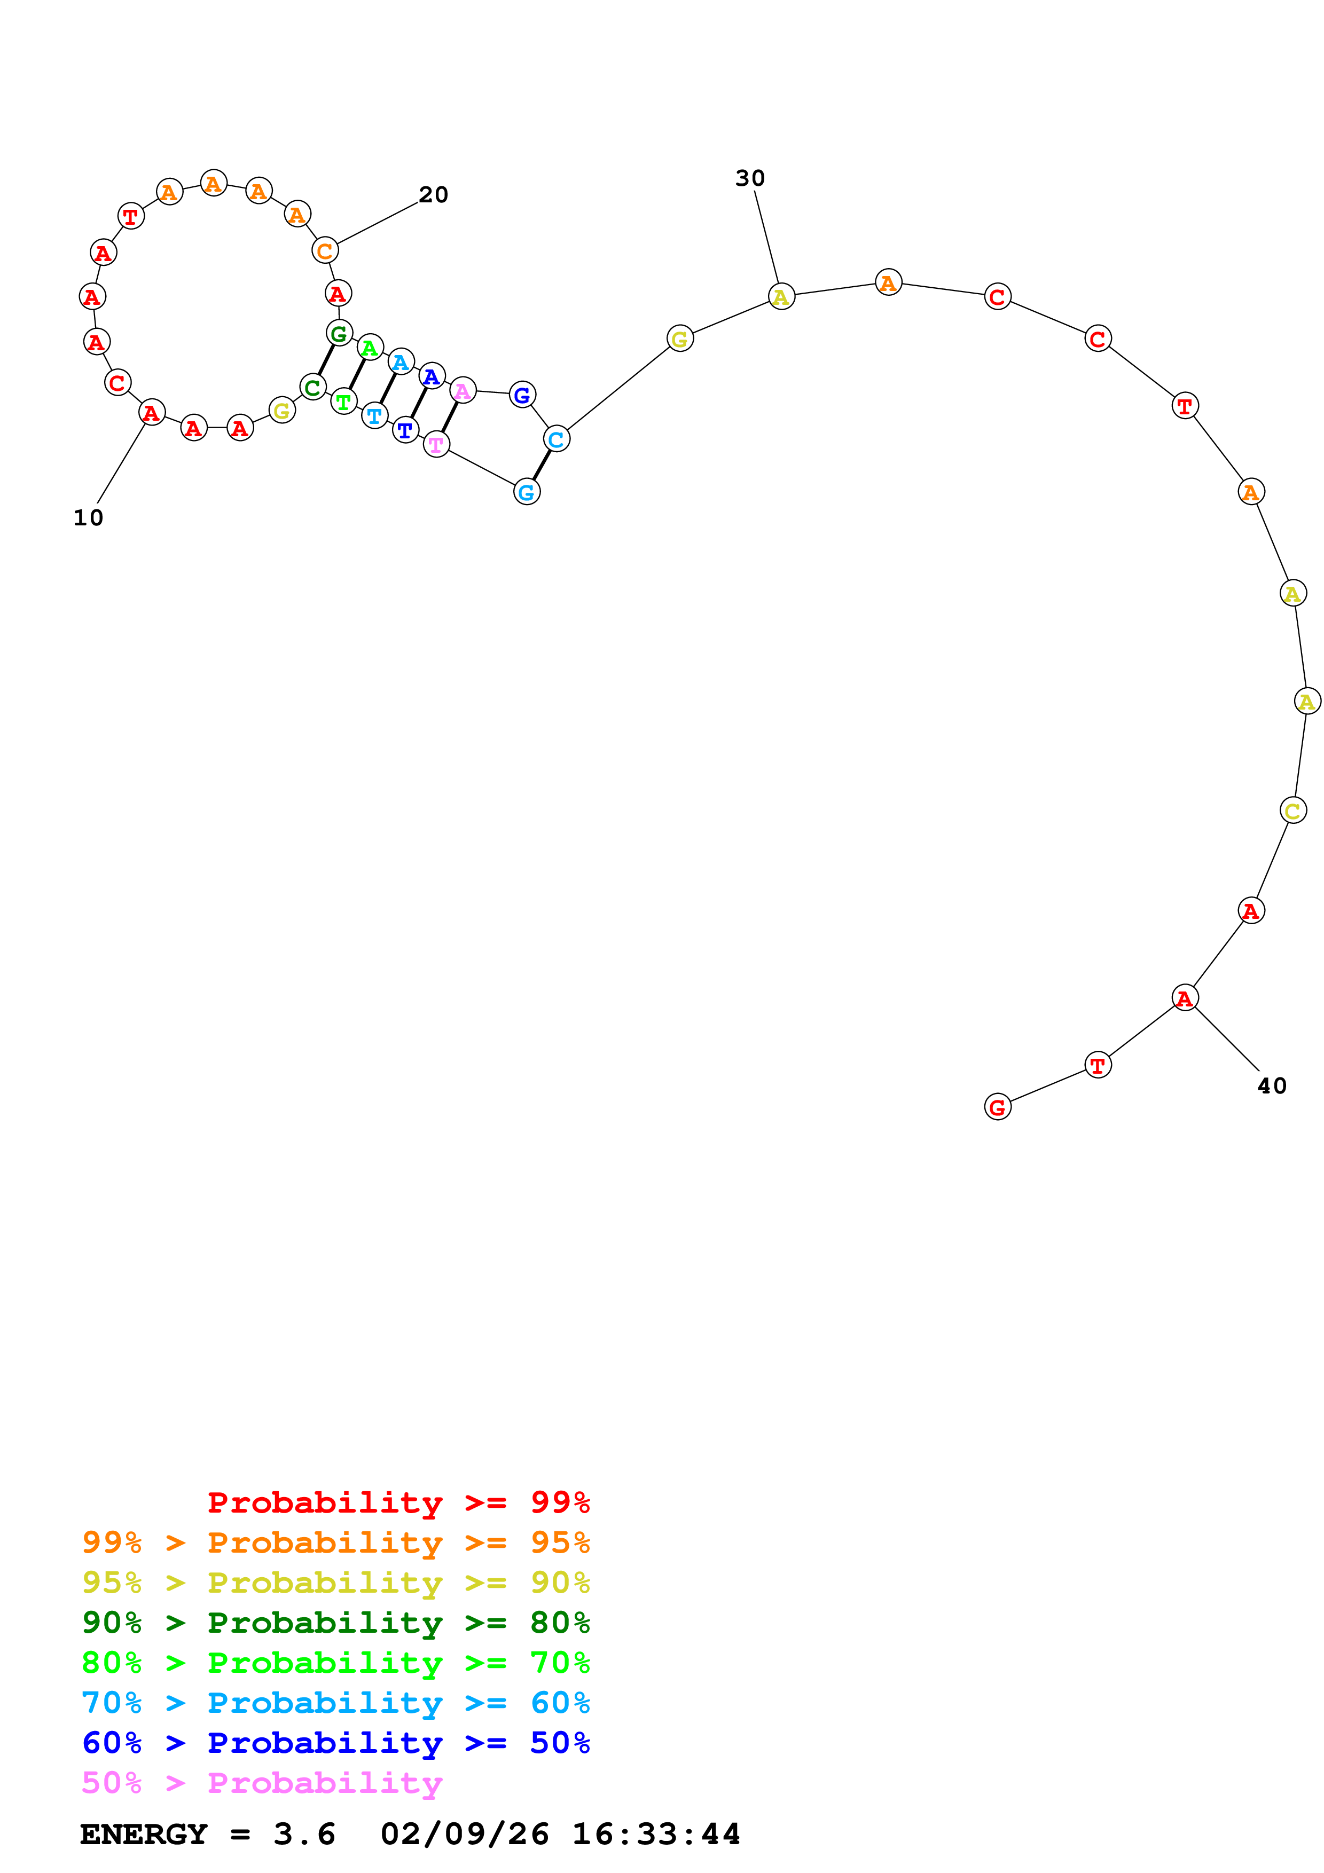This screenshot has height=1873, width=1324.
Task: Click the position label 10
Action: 88,518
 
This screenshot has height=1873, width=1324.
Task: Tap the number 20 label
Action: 433,195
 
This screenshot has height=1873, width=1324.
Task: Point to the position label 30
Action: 750,179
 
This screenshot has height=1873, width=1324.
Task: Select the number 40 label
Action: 1271,1086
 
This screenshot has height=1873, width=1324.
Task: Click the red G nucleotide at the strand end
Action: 997,1107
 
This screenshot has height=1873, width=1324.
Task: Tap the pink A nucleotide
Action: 463,391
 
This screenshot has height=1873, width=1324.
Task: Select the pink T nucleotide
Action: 436,445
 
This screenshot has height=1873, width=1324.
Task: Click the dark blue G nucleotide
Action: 522,395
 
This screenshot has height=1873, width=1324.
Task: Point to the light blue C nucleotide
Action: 557,439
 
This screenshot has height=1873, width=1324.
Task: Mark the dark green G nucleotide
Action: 339,333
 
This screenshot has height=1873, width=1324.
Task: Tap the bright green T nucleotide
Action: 343,402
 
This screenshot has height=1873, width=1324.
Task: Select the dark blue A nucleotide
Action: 432,376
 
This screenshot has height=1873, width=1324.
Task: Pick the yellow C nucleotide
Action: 1293,811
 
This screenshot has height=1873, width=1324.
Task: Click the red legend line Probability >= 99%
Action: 398,1502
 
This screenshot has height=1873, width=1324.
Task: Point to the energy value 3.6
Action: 304,1834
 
